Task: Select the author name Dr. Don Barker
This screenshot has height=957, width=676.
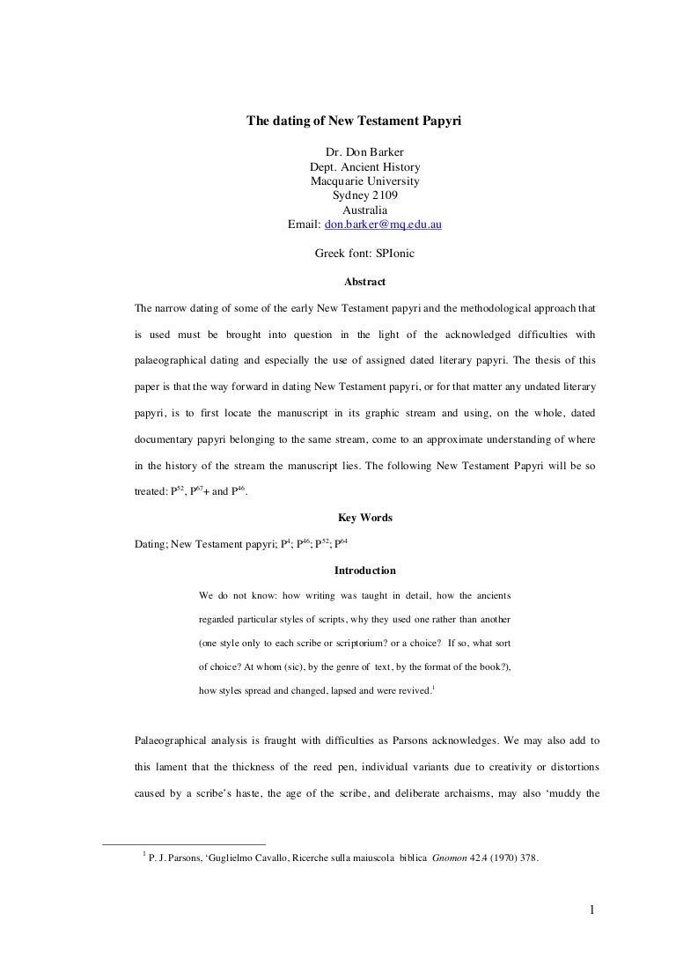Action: pos(364,153)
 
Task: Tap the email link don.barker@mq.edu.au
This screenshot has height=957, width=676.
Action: pos(383,225)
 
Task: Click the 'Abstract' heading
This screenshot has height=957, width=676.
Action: pos(364,282)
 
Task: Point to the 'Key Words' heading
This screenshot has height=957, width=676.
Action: pos(364,518)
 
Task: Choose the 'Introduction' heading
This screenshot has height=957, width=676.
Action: pos(364,571)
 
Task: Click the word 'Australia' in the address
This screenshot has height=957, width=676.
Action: pos(364,210)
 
